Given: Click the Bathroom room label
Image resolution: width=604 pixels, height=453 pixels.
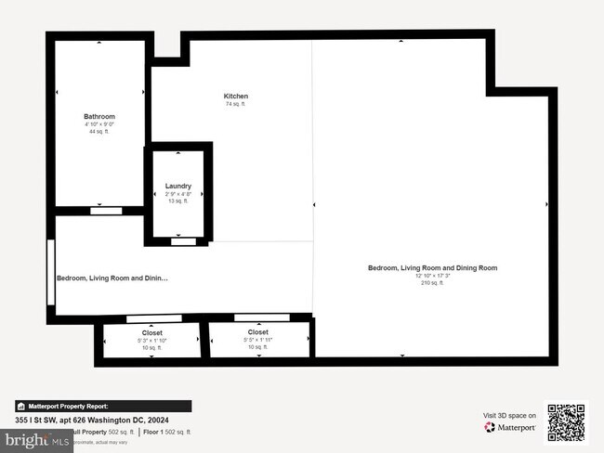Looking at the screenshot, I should point(98,115).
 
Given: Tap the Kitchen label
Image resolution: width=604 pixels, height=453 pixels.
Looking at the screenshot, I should point(236,97).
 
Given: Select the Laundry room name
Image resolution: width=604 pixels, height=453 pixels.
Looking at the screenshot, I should point(177,186).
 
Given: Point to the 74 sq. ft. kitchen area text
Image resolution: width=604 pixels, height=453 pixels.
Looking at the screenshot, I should point(236,105).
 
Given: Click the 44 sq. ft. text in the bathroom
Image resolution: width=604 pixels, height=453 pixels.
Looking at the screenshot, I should point(98,132).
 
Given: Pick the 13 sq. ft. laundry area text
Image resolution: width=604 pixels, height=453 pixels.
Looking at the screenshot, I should point(177,201).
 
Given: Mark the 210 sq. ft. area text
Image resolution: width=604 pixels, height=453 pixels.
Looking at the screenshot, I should point(432,283).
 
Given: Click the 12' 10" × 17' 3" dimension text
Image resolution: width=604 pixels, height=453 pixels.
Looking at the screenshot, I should point(432,276).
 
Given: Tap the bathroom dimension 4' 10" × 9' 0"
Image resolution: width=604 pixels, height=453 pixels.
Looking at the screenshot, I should point(98,123).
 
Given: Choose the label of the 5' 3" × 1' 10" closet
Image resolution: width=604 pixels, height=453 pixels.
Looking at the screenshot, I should point(151,332).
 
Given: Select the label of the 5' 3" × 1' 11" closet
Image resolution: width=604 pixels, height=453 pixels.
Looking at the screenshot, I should point(258,332).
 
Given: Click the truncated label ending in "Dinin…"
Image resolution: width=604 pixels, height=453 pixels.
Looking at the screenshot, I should point(112,278).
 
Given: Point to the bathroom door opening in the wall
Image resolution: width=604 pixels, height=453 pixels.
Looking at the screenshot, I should point(100,212).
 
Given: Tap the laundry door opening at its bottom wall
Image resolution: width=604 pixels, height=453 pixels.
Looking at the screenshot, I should point(184,241).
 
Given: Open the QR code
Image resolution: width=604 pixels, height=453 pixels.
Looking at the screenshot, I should point(566,422).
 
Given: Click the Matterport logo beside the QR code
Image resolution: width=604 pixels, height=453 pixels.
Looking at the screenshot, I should point(510,428).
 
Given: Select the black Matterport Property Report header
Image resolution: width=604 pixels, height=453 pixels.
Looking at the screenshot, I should point(103,406).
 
